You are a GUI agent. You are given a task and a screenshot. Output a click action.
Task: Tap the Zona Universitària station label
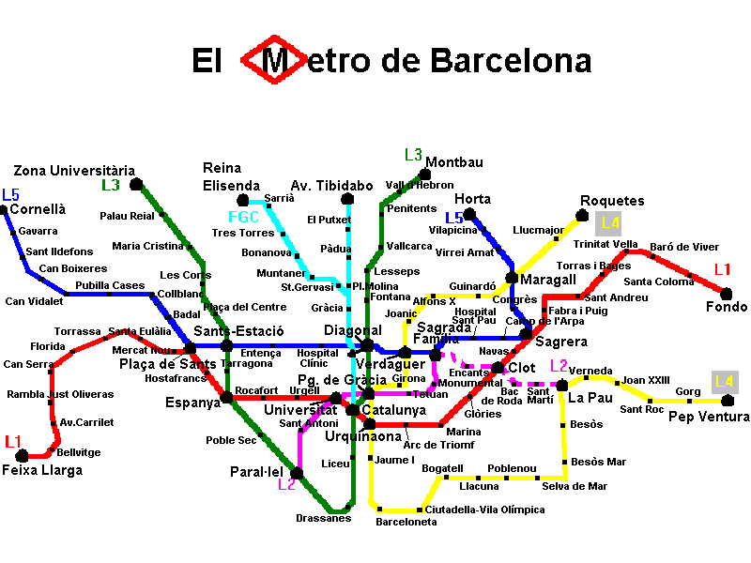[x=74, y=170]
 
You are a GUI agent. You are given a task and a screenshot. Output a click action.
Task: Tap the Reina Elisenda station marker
[x=243, y=200]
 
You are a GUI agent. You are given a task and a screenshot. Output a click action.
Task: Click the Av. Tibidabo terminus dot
[x=347, y=199]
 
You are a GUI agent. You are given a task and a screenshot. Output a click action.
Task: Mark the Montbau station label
[x=454, y=162]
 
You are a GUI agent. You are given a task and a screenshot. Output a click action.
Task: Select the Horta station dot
[x=469, y=215]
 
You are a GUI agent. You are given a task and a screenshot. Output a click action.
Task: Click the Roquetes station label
[x=612, y=201]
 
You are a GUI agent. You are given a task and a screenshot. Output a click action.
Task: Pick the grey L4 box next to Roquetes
[x=609, y=223]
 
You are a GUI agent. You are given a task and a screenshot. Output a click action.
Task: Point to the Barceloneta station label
[x=406, y=522]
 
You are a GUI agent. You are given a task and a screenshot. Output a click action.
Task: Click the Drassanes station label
[x=323, y=518]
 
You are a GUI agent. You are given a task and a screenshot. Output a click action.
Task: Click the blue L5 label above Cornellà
[x=10, y=195]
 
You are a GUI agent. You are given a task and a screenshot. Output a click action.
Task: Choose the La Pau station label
[x=590, y=397]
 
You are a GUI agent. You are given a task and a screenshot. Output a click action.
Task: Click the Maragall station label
[x=548, y=280]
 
